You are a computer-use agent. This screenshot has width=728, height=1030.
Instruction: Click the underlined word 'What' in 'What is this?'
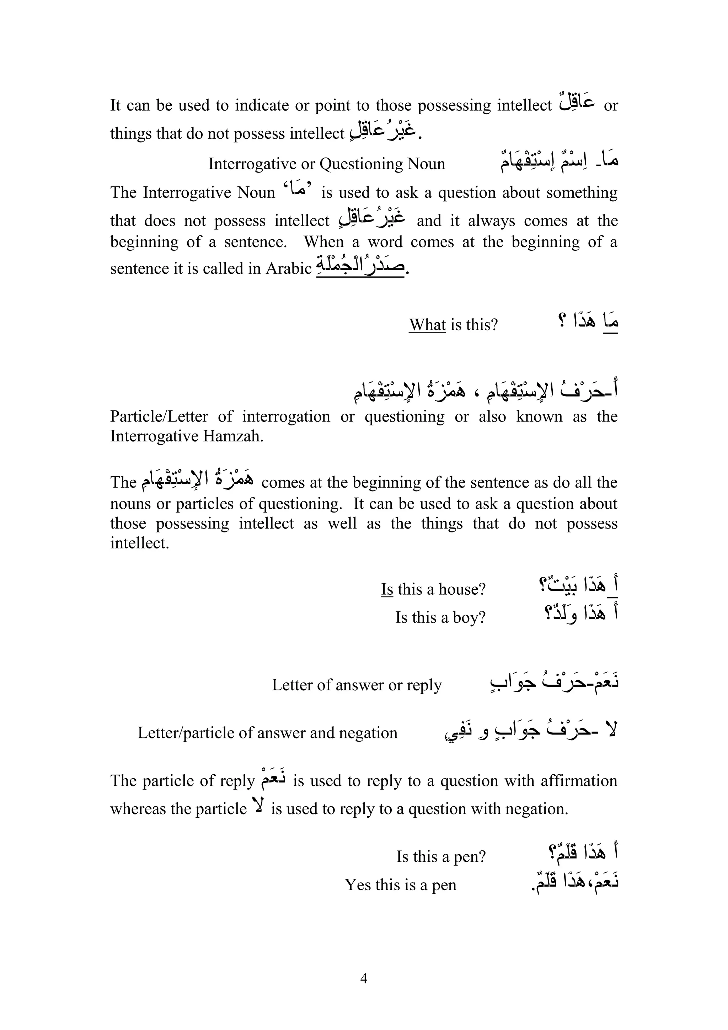(x=427, y=324)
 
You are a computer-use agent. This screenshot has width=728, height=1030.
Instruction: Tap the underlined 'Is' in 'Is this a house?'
(x=387, y=589)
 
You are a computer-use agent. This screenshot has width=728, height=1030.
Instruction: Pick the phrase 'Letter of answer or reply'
(x=357, y=685)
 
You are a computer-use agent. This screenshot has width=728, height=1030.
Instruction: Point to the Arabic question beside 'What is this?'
(x=588, y=322)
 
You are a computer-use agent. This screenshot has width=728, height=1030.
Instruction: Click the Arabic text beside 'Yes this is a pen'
(x=575, y=882)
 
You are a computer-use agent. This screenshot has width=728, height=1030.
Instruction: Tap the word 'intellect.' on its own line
(x=139, y=543)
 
